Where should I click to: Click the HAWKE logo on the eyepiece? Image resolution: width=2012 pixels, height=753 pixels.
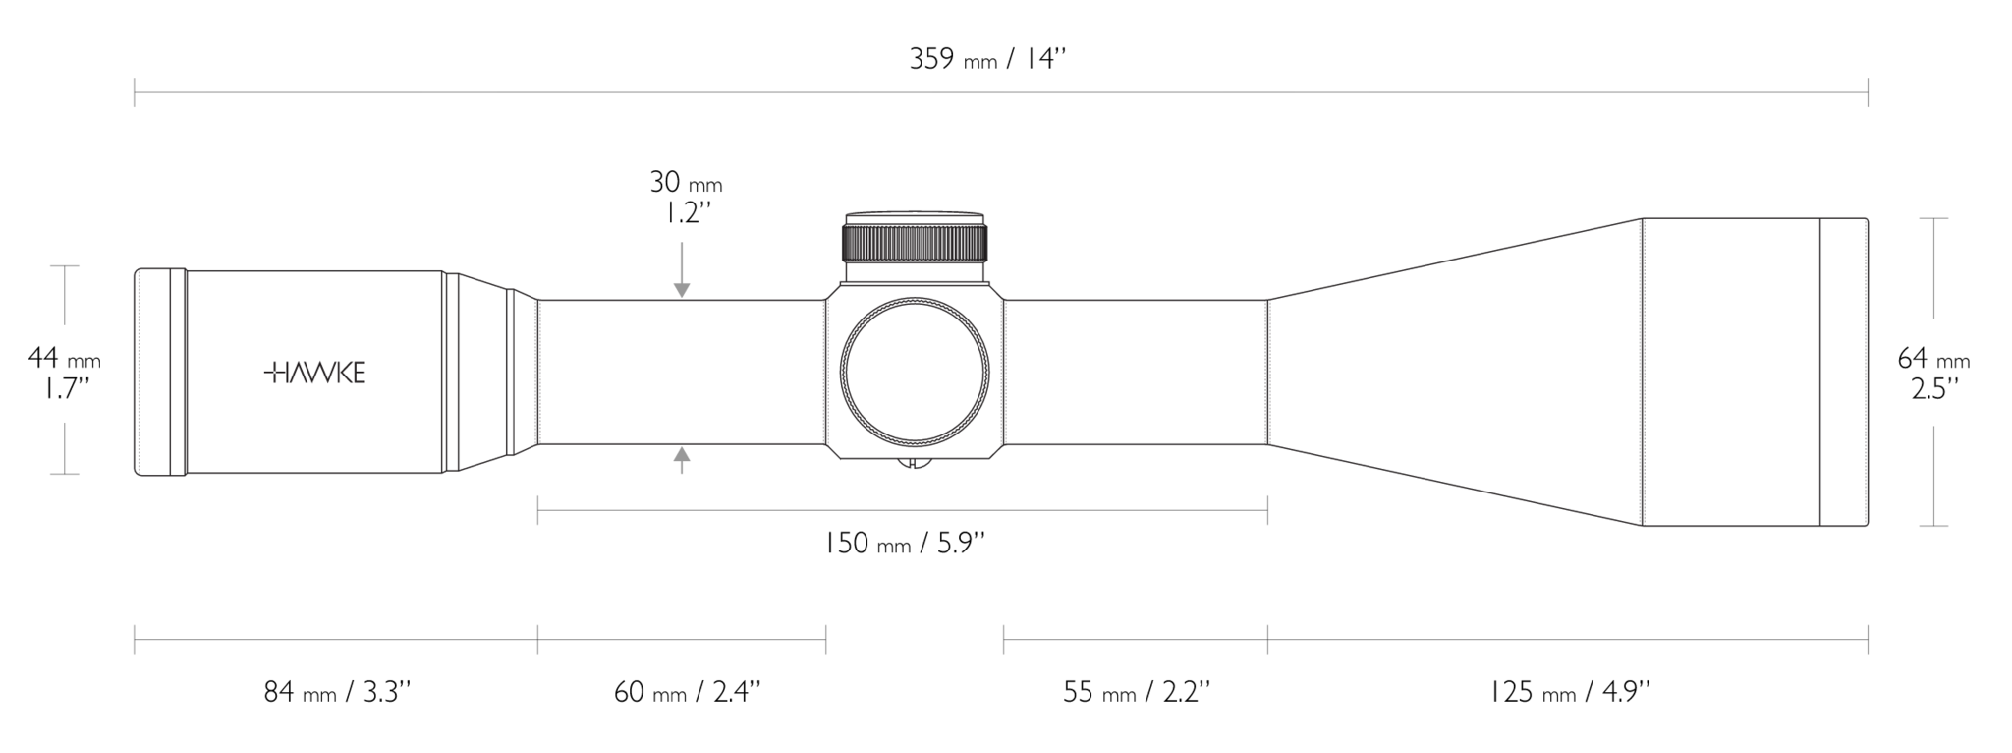tap(315, 374)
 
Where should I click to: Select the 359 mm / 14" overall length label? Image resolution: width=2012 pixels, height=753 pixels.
tap(987, 59)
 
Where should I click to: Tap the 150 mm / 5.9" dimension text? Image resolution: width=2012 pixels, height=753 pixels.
tap(903, 543)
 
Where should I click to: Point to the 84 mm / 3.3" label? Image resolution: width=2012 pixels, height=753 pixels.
tap(337, 693)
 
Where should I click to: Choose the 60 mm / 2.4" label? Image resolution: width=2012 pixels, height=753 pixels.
tap(687, 693)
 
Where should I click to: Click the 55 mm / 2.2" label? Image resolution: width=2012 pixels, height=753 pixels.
tap(1136, 693)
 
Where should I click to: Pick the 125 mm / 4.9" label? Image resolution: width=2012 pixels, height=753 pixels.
tap(1570, 693)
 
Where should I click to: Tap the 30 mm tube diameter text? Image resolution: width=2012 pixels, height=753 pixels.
tap(685, 182)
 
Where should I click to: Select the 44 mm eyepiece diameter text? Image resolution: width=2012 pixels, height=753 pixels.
tap(65, 358)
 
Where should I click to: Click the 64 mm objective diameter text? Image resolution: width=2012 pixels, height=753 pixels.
tap(1933, 358)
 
